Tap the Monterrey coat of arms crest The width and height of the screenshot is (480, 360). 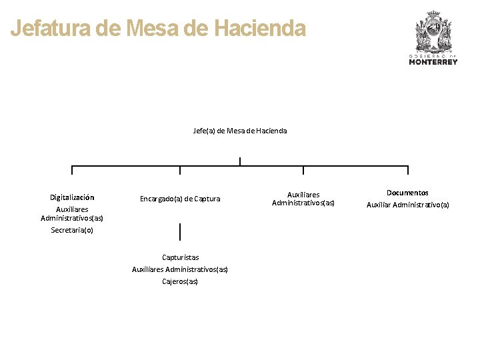click(433, 31)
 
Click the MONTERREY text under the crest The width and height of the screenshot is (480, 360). click(433, 62)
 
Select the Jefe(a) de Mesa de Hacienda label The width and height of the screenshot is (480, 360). click(240, 131)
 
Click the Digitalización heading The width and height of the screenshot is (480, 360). click(72, 197)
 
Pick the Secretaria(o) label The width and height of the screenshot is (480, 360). click(72, 230)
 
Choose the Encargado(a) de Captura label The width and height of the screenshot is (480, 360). click(180, 199)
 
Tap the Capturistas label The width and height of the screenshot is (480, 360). click(180, 257)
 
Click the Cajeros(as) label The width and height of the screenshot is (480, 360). click(180, 281)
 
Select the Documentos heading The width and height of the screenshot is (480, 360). click(407, 193)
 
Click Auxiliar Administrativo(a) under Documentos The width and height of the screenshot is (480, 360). click(407, 205)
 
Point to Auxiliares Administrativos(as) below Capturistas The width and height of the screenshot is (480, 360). click(180, 269)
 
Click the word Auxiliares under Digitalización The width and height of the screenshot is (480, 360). click(72, 209)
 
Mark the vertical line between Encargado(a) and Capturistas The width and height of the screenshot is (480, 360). click(180, 231)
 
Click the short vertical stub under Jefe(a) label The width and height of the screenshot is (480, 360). click(240, 161)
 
